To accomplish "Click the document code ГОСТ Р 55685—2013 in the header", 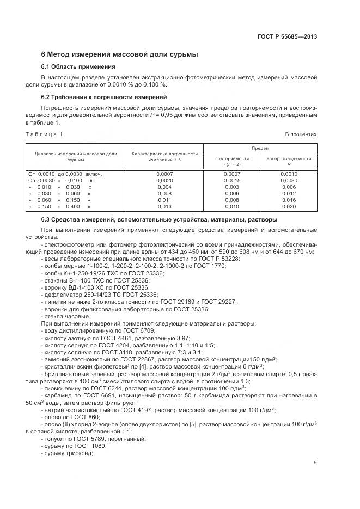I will click(x=287, y=37).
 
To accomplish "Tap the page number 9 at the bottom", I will click(x=315, y=463).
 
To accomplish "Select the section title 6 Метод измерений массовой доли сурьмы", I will click(x=119, y=54).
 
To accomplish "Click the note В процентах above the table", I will click(x=301, y=134).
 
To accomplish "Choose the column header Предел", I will click(x=259, y=148).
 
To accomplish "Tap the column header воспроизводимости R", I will click(x=289, y=161).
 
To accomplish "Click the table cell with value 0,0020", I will click(x=164, y=180).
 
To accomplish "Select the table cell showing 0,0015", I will click(x=231, y=180).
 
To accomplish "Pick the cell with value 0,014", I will click(x=164, y=207).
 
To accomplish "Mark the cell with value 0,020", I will click(x=289, y=207).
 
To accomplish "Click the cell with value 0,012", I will click(x=289, y=193).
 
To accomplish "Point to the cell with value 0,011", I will click(x=164, y=200).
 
